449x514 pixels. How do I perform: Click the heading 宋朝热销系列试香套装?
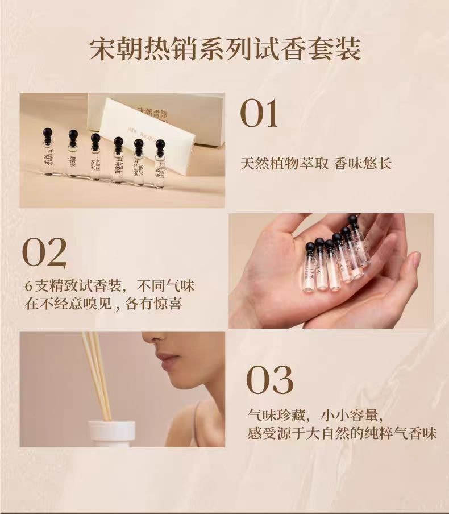[225, 49]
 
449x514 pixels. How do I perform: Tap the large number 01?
[259, 114]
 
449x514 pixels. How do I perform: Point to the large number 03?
[270, 380]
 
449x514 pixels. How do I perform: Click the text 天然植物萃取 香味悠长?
[316, 164]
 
